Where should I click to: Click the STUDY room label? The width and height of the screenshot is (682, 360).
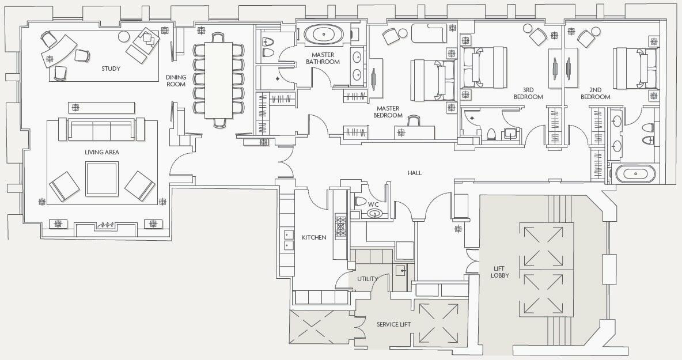click(x=111, y=69)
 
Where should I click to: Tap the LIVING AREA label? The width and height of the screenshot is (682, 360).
click(x=102, y=152)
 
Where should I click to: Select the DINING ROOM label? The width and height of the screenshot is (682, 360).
click(x=176, y=81)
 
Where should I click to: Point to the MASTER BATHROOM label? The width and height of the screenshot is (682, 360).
click(x=323, y=58)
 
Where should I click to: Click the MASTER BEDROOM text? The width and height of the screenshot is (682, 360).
click(x=388, y=112)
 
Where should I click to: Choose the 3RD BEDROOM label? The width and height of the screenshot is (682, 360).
click(x=528, y=93)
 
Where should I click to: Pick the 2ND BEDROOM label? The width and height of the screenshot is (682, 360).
click(x=595, y=93)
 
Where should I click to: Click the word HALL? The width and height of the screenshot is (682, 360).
click(x=415, y=173)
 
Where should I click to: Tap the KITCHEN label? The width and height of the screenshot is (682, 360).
click(x=314, y=237)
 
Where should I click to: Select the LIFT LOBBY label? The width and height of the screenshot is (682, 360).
click(x=500, y=272)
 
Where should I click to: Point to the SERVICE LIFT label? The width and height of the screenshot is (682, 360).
click(x=393, y=324)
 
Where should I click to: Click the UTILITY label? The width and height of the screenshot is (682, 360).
click(x=367, y=279)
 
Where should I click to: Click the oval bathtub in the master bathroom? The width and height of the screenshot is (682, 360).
click(x=323, y=35)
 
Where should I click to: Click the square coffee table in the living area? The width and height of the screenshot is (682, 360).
click(x=102, y=179)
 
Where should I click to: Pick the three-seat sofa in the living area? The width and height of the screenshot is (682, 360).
click(x=102, y=129)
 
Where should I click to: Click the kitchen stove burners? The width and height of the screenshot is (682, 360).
click(x=340, y=226)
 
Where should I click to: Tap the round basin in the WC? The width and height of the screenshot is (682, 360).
click(x=374, y=214)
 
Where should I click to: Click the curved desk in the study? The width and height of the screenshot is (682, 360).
click(x=59, y=51)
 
